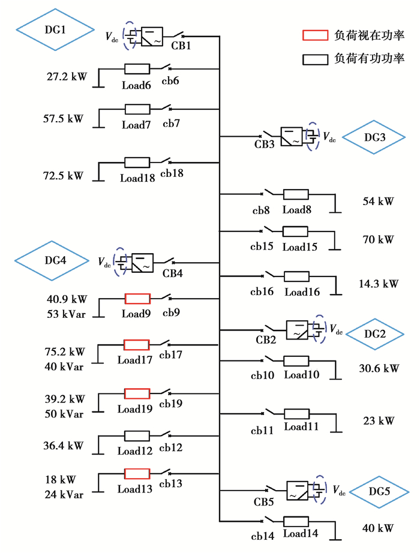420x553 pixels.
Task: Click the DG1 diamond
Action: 55,28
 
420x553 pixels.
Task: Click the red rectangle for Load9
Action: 137,298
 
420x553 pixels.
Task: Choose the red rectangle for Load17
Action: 136,345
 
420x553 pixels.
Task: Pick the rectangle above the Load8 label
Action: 295,194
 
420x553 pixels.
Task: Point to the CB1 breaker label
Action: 181,47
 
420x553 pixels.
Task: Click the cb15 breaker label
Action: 263,247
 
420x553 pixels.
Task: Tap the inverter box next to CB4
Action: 142,262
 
